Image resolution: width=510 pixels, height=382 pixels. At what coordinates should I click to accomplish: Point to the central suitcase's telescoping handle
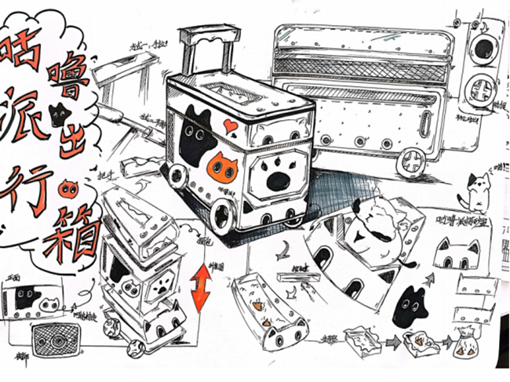point(208,47)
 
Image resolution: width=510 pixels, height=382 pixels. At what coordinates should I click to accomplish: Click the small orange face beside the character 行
point(66,188)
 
